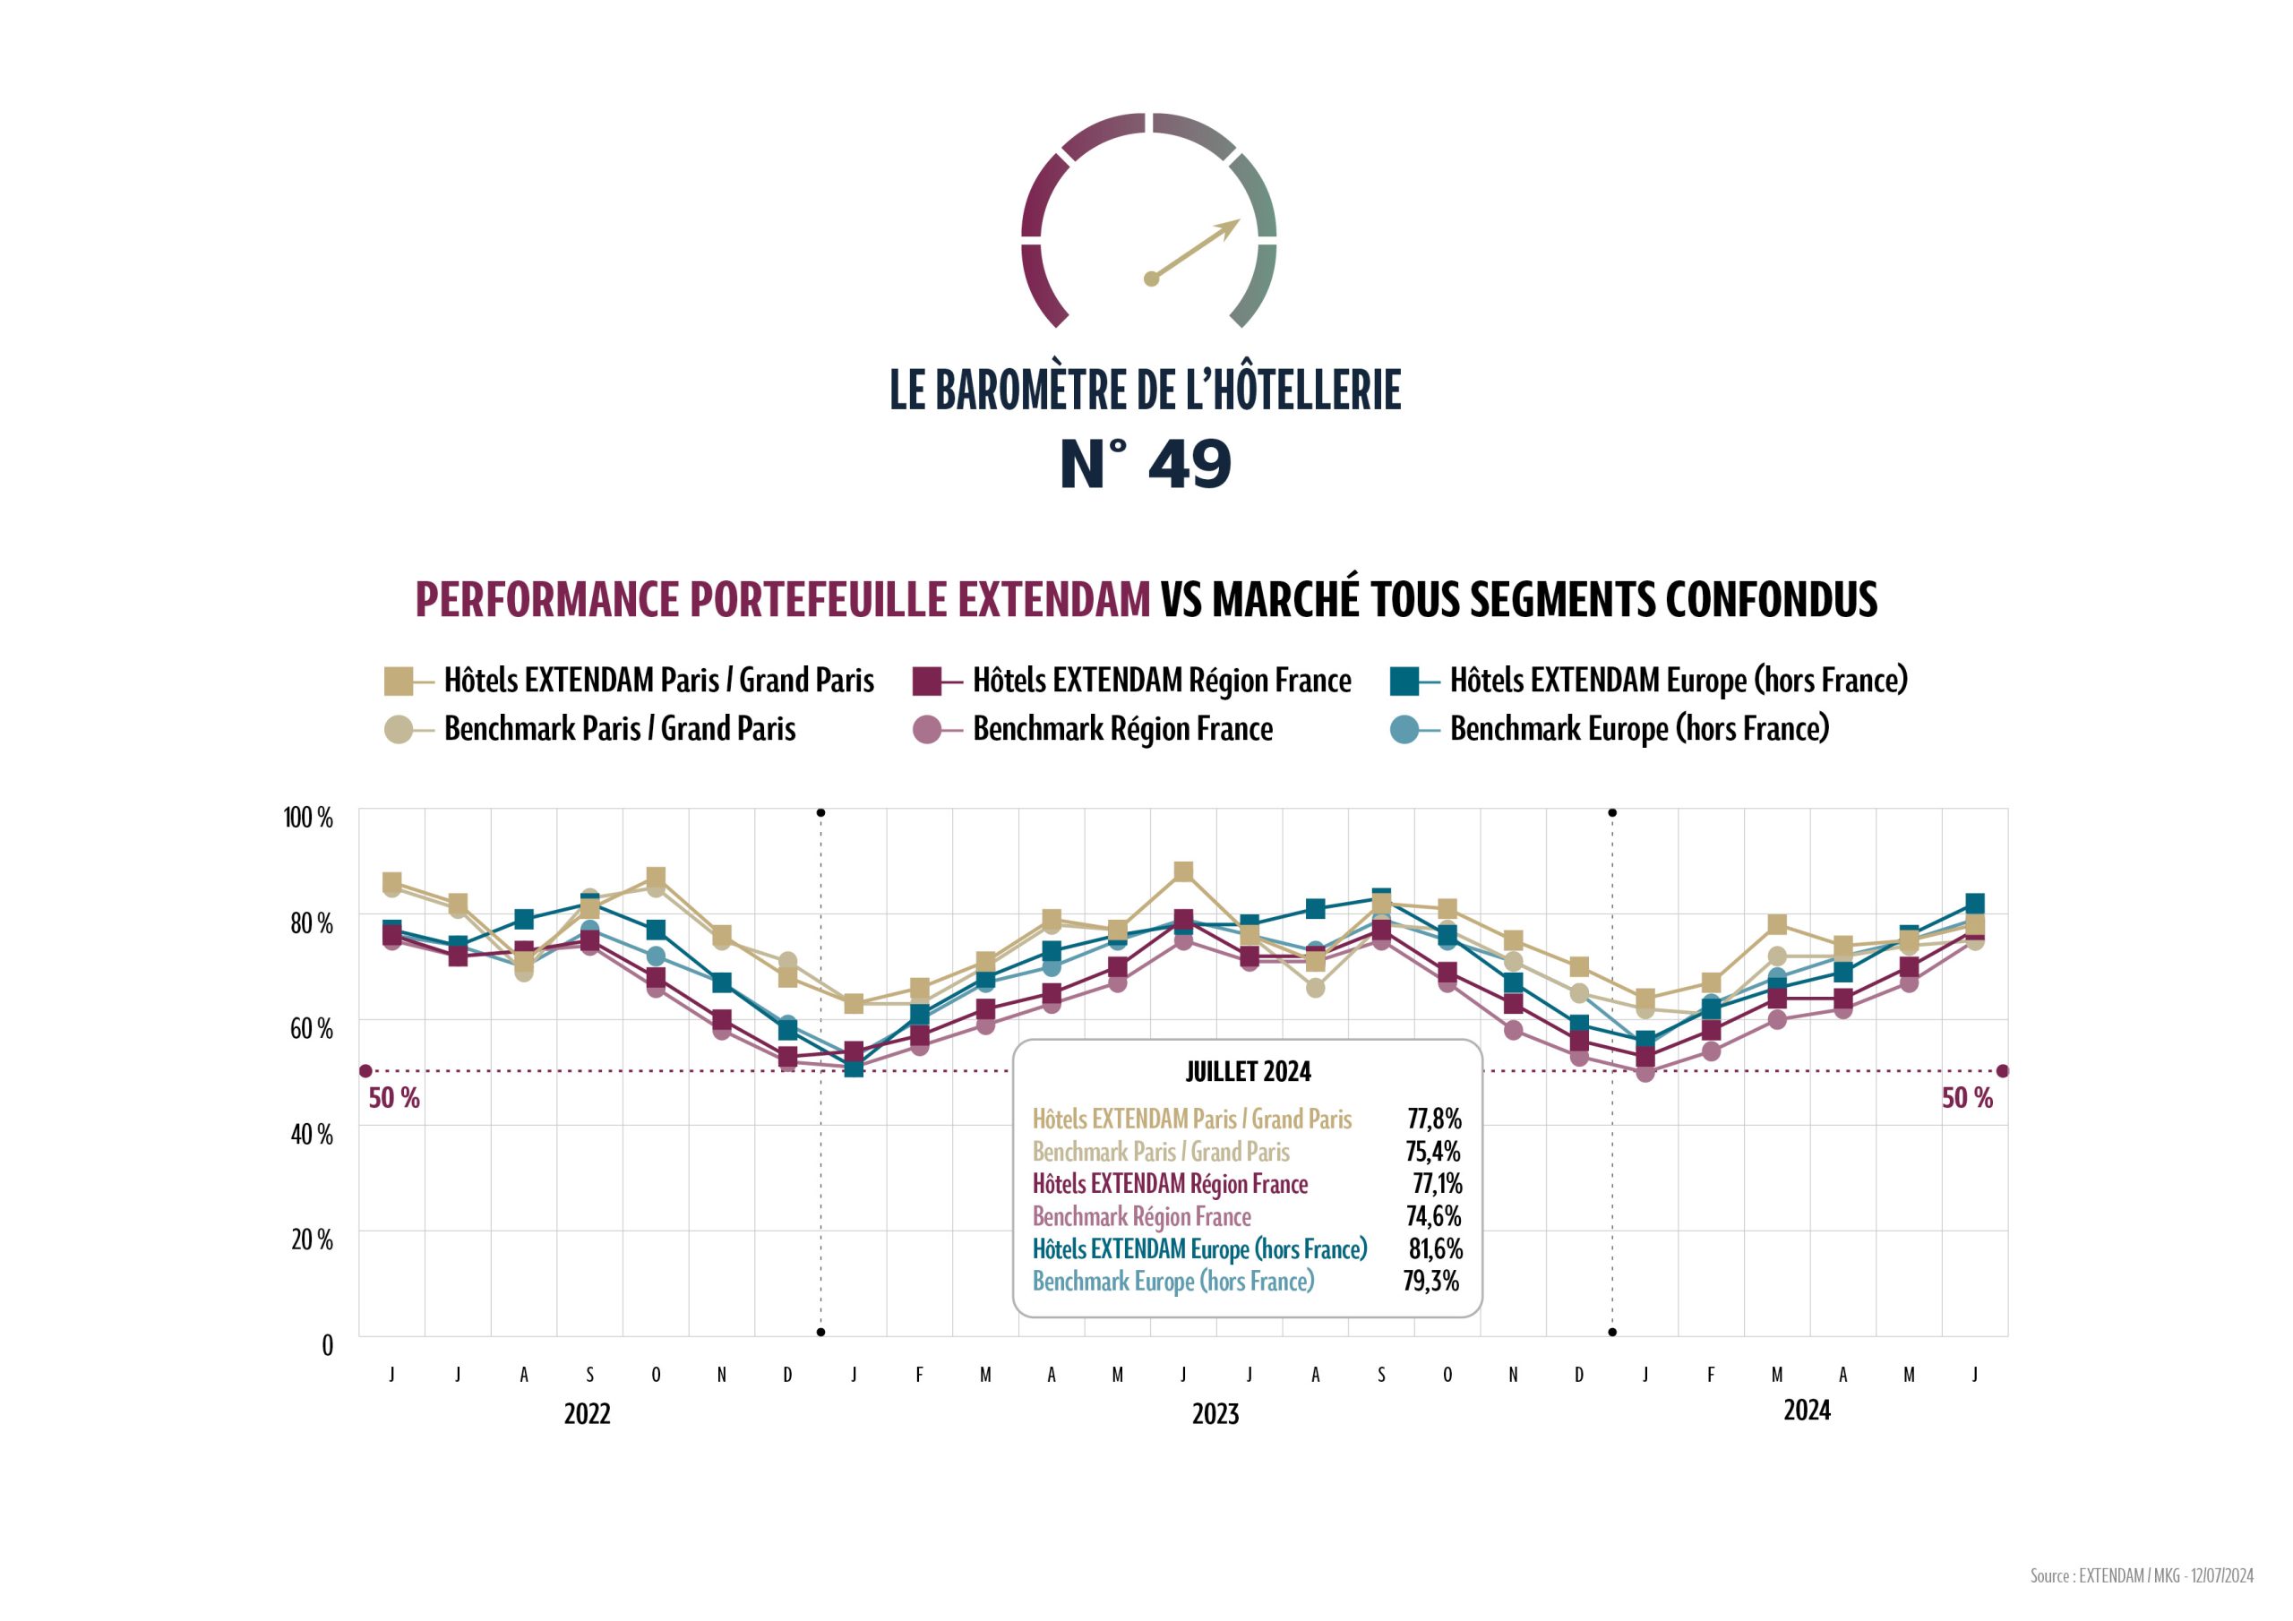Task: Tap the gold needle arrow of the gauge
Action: coord(1196,250)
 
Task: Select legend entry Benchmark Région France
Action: coord(1121,729)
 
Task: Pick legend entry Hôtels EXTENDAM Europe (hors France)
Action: coord(1678,680)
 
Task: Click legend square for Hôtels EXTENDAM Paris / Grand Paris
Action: coord(398,682)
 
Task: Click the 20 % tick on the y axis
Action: coord(311,1239)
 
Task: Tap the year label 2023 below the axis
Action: coord(1215,1413)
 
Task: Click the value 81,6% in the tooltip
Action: coord(1435,1248)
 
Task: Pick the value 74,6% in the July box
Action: coord(1433,1215)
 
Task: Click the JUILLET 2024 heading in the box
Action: coord(1248,1072)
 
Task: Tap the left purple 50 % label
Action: coord(393,1098)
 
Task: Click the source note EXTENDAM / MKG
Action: coord(2140,1575)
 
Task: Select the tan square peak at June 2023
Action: coord(1182,872)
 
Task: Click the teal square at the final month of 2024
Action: coord(1973,903)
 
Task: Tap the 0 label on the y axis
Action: coord(327,1345)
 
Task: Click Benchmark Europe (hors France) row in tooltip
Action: coord(1172,1282)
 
